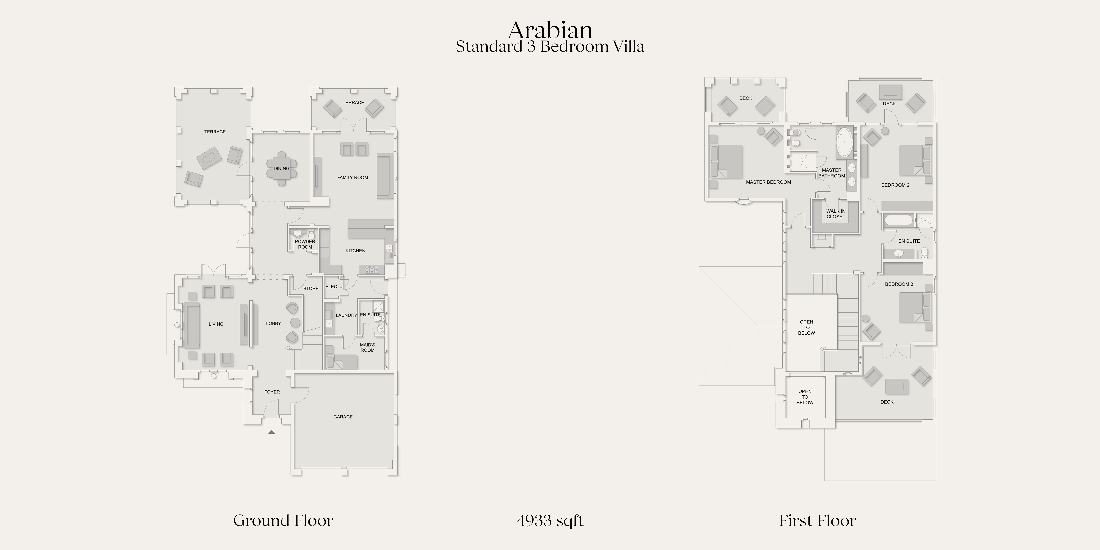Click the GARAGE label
click(x=343, y=417)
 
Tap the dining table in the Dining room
click(x=281, y=168)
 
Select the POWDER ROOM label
click(x=305, y=244)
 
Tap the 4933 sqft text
click(x=550, y=520)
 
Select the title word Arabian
click(x=550, y=30)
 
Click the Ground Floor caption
click(x=283, y=520)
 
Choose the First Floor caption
click(x=817, y=520)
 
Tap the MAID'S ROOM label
click(x=367, y=348)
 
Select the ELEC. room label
click(x=332, y=286)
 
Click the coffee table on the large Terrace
click(x=209, y=158)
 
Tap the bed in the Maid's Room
click(x=341, y=362)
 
